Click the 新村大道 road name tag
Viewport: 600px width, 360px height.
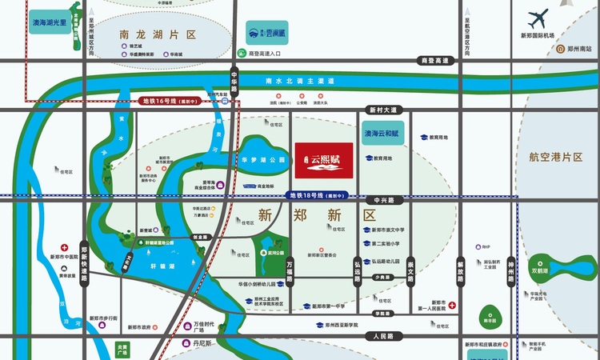[x=382, y=110]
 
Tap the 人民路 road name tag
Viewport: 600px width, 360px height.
[x=374, y=336]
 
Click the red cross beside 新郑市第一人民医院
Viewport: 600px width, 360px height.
[x=452, y=305]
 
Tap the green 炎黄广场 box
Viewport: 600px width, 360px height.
[x=122, y=350]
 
